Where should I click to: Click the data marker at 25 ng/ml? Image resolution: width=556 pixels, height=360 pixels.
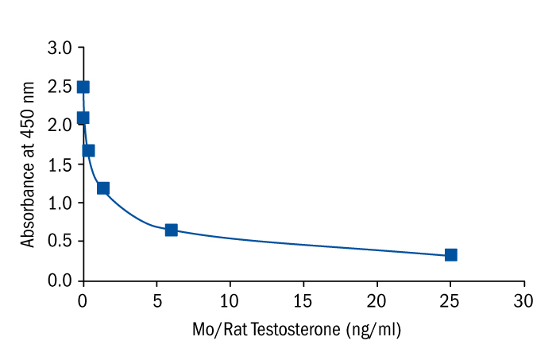point(450,254)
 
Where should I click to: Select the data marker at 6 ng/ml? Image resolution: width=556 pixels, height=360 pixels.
point(171,230)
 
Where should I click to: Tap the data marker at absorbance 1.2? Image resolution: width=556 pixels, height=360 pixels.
point(102,188)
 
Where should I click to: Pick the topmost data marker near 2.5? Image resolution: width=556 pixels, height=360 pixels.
point(83,87)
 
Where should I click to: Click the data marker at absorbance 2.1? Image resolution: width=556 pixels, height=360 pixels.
point(83,118)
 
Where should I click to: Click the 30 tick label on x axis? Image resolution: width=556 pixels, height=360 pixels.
point(524,300)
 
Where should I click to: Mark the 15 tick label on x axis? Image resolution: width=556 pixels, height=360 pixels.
point(303,300)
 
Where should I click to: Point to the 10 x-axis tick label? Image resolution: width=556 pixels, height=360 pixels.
point(230,300)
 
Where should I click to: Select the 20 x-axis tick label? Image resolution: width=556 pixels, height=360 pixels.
point(376,300)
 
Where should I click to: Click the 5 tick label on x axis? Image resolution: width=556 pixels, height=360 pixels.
point(156,300)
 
